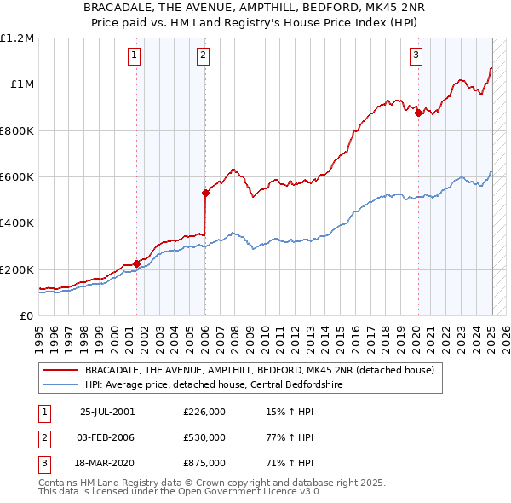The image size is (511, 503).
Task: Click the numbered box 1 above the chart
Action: click(135, 56)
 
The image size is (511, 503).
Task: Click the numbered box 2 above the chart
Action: click(204, 56)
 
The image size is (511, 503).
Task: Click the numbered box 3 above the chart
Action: click(416, 56)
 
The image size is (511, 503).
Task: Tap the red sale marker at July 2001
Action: click(137, 263)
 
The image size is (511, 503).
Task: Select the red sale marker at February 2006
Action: click(205, 193)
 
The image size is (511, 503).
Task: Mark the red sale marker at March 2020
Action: click(418, 113)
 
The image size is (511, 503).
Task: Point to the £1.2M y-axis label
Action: click(17, 38)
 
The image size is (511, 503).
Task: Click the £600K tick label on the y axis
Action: click(17, 177)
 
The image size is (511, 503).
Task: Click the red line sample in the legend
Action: click(60, 370)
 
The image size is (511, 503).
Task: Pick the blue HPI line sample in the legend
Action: click(60, 384)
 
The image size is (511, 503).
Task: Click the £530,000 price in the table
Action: click(204, 437)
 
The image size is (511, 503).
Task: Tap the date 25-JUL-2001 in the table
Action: click(107, 412)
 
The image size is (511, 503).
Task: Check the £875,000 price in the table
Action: click(204, 463)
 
